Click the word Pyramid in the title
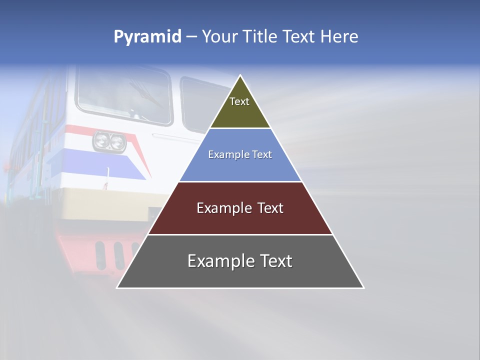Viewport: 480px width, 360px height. pos(147,36)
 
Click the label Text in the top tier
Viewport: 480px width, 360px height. pos(239,101)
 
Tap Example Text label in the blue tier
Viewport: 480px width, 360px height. pos(240,154)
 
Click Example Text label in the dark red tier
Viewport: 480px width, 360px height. pos(240,208)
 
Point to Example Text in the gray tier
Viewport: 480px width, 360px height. pos(240,261)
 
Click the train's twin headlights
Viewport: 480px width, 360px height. pos(109,141)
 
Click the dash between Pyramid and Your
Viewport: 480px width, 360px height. pos(191,36)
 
